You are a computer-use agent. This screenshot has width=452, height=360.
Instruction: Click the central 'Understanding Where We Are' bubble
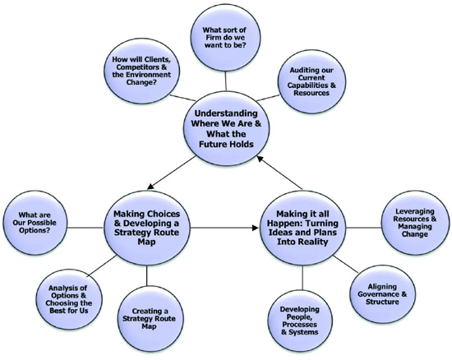[x=228, y=132]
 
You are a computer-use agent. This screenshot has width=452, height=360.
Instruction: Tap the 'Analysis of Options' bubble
[x=71, y=293]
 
